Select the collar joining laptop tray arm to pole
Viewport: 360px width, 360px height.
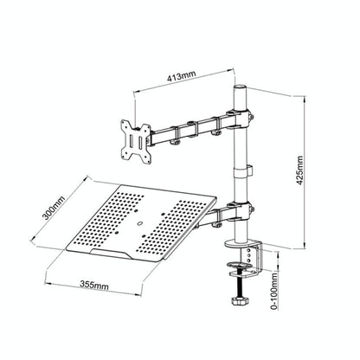(239, 209)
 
